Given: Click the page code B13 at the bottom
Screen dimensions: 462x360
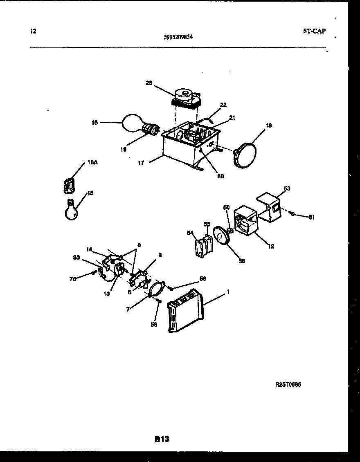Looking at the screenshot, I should coord(162,439).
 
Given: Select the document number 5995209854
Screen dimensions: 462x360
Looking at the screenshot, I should coord(178,36).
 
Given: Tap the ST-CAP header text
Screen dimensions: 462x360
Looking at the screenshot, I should coord(314,31).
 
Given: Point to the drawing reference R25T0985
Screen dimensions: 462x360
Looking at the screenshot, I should coord(288,385).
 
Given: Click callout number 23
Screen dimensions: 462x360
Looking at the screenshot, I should coord(148,83).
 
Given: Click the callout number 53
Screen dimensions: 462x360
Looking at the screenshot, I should coord(287,188).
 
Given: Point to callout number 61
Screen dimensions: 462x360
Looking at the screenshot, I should coord(312,217).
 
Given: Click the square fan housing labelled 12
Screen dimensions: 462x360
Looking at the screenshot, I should coord(245,221).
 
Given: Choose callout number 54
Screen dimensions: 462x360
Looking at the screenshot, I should coord(190,233).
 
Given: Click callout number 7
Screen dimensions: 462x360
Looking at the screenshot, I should coord(128,309).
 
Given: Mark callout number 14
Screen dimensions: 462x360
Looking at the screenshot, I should coord(90,249).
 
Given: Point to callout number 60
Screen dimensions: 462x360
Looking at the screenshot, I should coord(220,176).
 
